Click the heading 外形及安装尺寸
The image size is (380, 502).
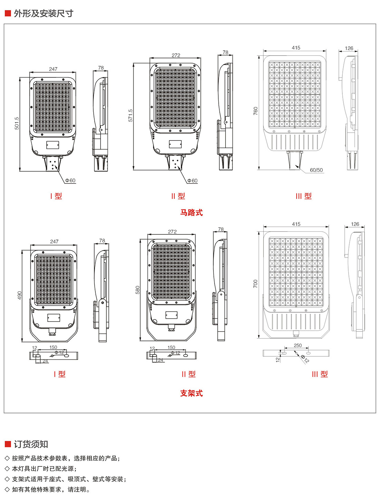click(44, 13)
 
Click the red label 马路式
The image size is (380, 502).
click(191, 213)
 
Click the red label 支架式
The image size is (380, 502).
click(191, 393)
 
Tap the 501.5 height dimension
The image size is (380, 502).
click(17, 123)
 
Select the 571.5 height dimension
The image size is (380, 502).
click(131, 115)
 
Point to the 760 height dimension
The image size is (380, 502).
click(256, 111)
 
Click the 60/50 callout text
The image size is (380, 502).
click(316, 170)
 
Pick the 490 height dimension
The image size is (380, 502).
click(20, 295)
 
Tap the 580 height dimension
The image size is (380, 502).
click(137, 290)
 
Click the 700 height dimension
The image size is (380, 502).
click(256, 284)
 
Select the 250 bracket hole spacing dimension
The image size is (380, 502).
click(297, 345)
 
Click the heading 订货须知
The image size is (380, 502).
click(31, 444)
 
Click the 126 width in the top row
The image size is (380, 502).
click(349, 48)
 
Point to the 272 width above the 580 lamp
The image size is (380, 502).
click(172, 232)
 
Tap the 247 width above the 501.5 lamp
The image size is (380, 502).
click(53, 69)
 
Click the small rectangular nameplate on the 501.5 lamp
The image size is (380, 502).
click(53, 145)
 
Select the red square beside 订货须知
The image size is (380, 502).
click(8, 444)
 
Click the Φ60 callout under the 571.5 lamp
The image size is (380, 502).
click(192, 181)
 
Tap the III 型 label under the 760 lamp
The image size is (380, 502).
click(304, 196)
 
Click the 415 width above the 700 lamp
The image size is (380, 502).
click(296, 224)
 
